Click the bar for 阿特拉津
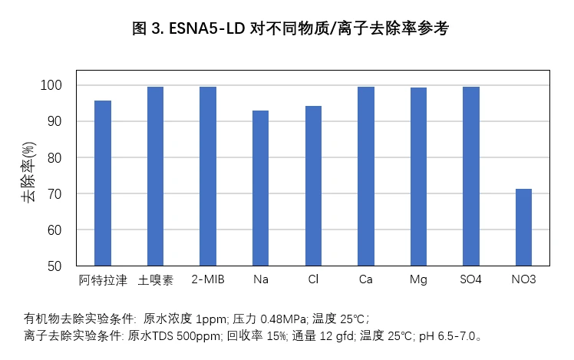pos(103,183)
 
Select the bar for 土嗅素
pos(155,177)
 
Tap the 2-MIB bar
pos(208,177)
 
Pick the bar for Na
pos(261,188)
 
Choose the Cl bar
pos(313,186)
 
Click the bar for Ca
pos(366,177)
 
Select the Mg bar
pos(418,177)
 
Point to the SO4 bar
pos(471,177)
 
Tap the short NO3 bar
pos(523,227)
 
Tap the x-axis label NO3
pos(523,280)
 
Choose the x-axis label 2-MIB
pos(208,280)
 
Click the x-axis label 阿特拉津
pos(103,280)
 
